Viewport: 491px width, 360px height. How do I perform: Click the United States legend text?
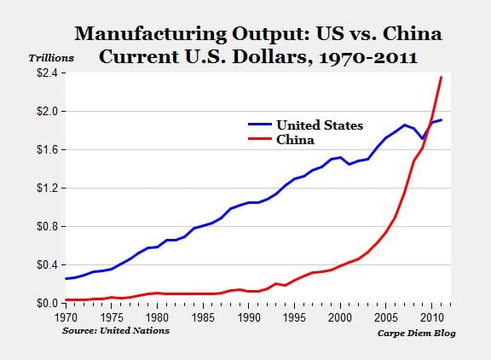pos(319,125)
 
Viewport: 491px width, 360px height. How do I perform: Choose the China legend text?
pos(295,139)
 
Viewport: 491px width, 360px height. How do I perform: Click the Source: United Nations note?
pos(115,330)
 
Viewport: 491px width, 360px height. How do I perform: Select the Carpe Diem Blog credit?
pos(416,333)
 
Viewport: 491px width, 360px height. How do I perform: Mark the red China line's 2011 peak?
pos(441,78)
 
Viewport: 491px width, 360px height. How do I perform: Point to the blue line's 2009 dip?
pos(422,138)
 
